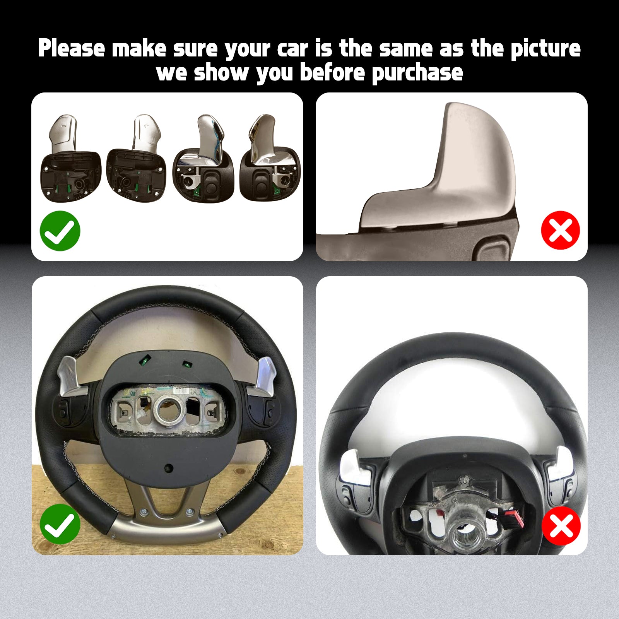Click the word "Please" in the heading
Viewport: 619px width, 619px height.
tap(72, 48)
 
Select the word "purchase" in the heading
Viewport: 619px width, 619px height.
tap(417, 73)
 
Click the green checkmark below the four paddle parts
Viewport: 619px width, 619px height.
tap(60, 231)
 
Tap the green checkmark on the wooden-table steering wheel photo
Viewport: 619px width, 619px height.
tap(60, 524)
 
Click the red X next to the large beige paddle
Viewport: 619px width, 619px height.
tap(561, 230)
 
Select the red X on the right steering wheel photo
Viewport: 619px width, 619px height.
tap(561, 525)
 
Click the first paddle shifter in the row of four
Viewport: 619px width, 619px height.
tap(71, 159)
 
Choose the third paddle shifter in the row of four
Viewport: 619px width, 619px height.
tap(204, 159)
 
